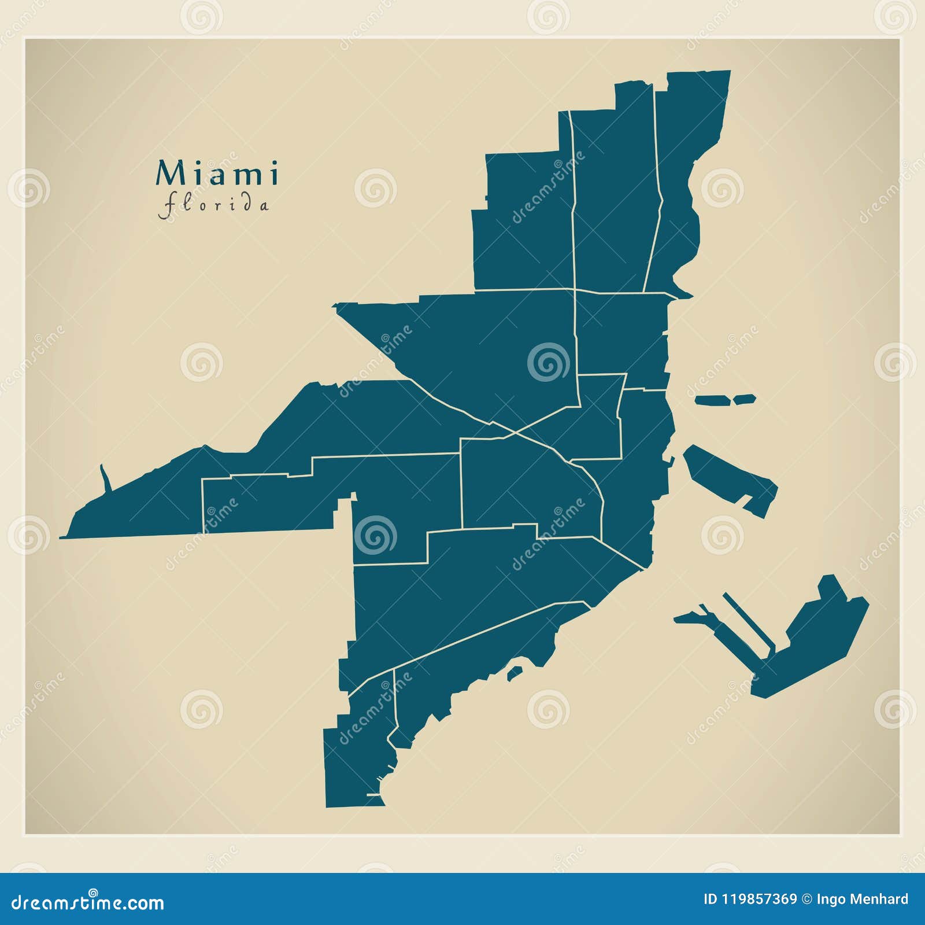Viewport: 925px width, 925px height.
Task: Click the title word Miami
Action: pos(217,174)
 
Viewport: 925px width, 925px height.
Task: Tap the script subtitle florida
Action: pos(214,206)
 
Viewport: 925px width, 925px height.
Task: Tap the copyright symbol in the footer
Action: pos(805,899)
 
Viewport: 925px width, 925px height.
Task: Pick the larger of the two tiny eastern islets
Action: pos(713,400)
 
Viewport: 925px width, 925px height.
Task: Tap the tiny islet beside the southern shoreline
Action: pos(515,673)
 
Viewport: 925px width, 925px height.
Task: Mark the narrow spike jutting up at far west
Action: pos(105,478)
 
